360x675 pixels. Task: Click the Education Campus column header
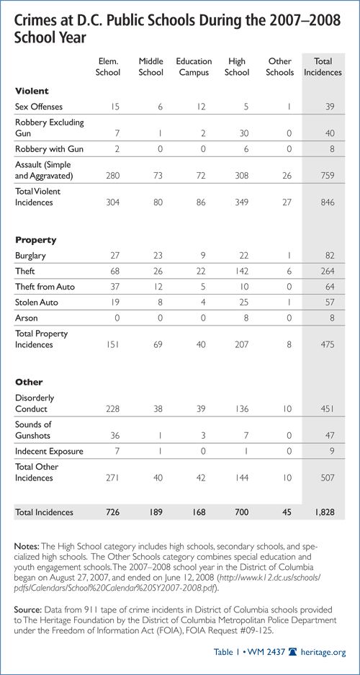tap(194, 67)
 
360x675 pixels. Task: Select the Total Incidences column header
tap(323, 67)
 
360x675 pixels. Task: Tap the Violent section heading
tap(32, 91)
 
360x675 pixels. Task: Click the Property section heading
tap(36, 240)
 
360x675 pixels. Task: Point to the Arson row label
tap(24, 318)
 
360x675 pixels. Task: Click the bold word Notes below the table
tap(27, 546)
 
